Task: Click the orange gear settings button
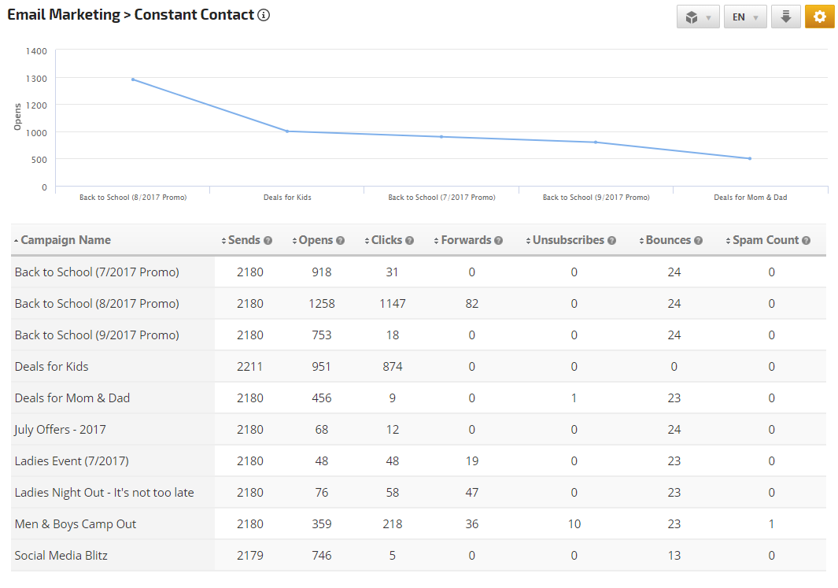pyautogui.click(x=819, y=17)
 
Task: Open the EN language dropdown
pyautogui.click(x=744, y=17)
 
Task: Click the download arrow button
pyautogui.click(x=785, y=17)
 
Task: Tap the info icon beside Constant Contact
pyautogui.click(x=264, y=15)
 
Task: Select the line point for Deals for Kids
pyautogui.click(x=287, y=131)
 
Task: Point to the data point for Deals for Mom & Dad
pyautogui.click(x=750, y=158)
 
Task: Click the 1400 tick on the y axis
pyautogui.click(x=37, y=51)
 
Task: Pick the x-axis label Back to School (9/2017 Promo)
pyautogui.click(x=596, y=198)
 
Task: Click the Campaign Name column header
pyautogui.click(x=65, y=240)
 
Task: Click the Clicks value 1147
pyautogui.click(x=392, y=304)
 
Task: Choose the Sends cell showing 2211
pyautogui.click(x=250, y=367)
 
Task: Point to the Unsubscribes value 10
pyautogui.click(x=574, y=524)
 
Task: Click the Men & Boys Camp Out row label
pyautogui.click(x=76, y=524)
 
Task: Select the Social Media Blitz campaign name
pyautogui.click(x=61, y=556)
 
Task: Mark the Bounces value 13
pyautogui.click(x=674, y=556)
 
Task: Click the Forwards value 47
pyautogui.click(x=472, y=493)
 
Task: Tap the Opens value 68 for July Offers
pyautogui.click(x=321, y=430)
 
